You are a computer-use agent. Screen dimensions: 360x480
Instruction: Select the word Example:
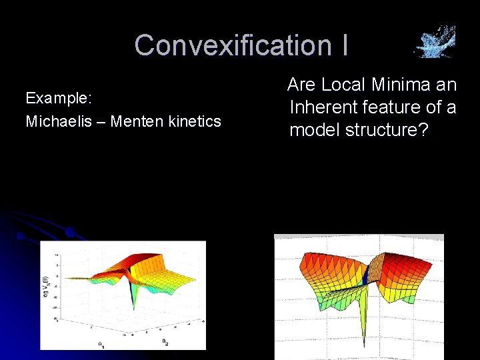pyautogui.click(x=59, y=98)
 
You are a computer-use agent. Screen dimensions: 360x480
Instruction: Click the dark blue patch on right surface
pyautogui.click(x=367, y=274)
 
